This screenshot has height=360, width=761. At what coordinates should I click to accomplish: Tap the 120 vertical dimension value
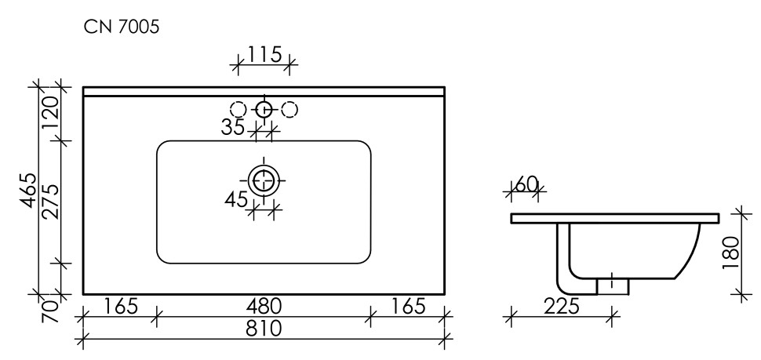coord(49,112)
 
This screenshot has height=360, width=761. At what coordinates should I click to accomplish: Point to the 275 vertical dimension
coord(49,202)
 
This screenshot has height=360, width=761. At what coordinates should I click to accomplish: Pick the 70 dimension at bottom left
coord(49,309)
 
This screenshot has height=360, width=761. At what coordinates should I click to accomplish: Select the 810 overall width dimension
coord(264,330)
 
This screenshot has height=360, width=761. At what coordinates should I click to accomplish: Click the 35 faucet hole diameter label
coord(233,127)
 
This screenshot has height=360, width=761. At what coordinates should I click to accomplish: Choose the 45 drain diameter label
coord(236,199)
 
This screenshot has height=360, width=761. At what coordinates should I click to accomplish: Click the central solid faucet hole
coord(264,110)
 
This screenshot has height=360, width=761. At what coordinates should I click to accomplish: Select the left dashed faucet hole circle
coord(238,110)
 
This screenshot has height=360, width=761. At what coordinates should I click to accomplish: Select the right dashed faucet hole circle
coord(289,110)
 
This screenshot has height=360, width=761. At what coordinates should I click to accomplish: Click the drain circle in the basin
coord(264,180)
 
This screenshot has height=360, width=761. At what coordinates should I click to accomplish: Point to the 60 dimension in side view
coord(526,184)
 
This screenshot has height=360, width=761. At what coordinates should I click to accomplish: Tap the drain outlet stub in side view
coord(613,286)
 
